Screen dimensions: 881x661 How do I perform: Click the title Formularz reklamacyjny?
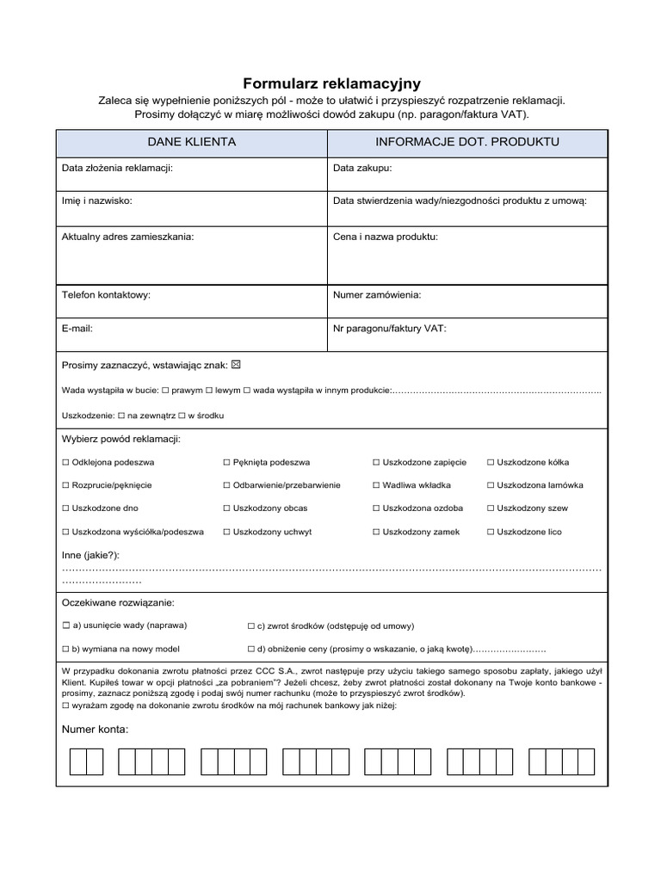coord(331,83)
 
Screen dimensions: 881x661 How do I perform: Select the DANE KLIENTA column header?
coord(192,141)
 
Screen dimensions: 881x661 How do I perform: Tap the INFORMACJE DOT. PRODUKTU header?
coord(467,141)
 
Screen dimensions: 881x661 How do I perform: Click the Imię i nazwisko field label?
coord(97,200)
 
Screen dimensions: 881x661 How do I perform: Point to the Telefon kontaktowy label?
coord(106,294)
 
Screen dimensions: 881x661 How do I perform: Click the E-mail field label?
coord(77,328)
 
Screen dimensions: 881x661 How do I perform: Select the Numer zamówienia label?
coord(377,294)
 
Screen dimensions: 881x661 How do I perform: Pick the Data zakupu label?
coord(362,168)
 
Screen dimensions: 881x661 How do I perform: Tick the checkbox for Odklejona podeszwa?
coord(66,462)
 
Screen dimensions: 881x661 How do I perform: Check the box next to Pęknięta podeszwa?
coord(226,462)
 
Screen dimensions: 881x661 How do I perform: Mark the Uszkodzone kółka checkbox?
coord(491,462)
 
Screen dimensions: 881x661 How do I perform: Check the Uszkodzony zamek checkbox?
coord(376,532)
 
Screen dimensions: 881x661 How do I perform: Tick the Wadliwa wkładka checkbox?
coord(376,485)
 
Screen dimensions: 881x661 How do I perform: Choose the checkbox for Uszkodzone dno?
coord(66,508)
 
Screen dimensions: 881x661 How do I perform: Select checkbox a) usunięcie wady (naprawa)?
coord(66,625)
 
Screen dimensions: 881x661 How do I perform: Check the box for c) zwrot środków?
coord(250,625)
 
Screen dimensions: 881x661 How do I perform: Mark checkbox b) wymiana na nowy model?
coord(66,648)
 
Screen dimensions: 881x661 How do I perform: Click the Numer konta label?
coord(95,730)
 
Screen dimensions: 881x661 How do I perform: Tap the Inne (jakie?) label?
coord(90,555)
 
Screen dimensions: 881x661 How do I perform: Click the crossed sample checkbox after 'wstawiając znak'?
coord(237,365)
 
